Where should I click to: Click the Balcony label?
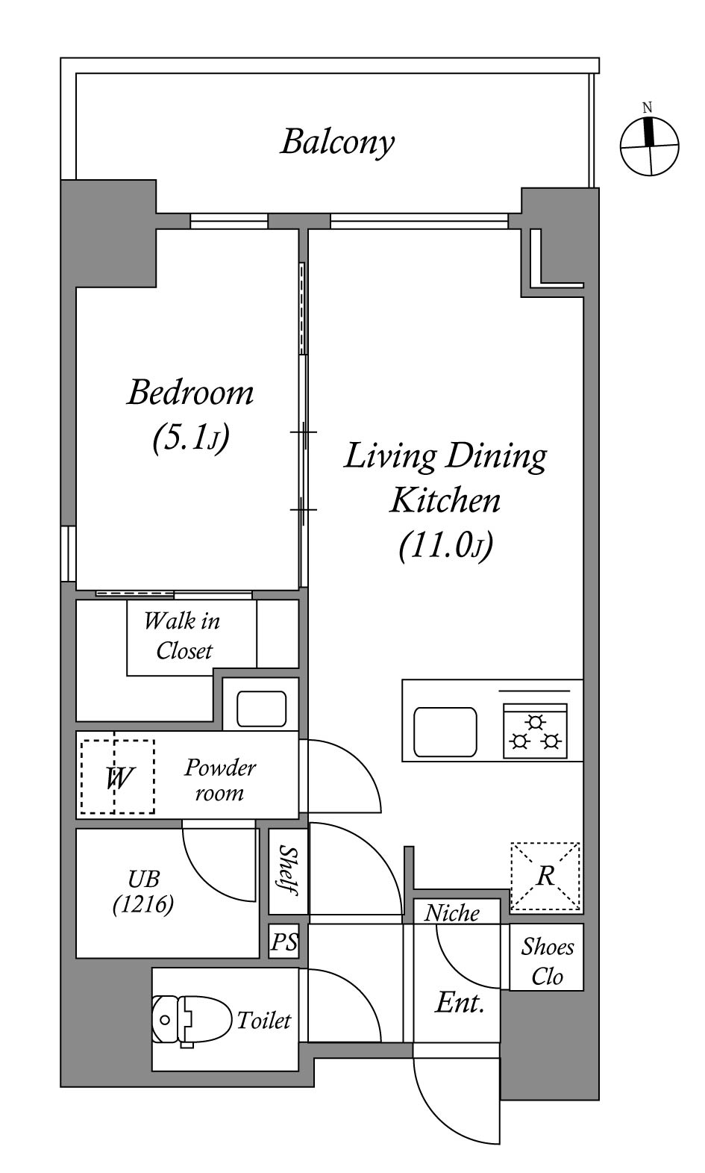point(338,142)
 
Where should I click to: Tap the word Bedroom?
point(190,393)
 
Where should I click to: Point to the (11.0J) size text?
point(446,546)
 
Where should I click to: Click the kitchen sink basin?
point(445,732)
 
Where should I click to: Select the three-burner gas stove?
point(535,731)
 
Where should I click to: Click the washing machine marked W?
point(117,777)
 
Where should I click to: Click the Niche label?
point(451,913)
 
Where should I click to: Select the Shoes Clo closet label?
point(547,961)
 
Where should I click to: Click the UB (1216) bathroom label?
point(143,891)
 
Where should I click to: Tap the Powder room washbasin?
point(261,709)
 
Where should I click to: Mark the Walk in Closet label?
point(183,635)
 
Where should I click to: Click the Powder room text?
point(220,780)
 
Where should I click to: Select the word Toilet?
point(264,1020)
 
